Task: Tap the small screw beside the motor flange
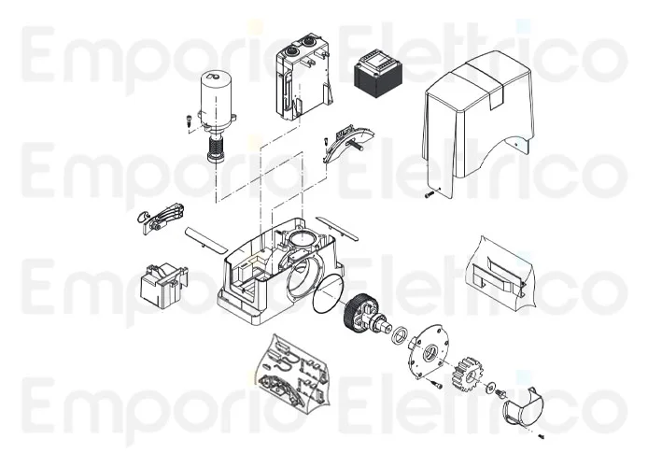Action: (187, 120)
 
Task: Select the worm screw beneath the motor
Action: (217, 147)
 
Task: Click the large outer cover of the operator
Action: (474, 121)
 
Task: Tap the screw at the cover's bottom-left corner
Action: (427, 194)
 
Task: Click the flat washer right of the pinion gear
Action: (492, 385)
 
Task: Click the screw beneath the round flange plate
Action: (435, 384)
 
